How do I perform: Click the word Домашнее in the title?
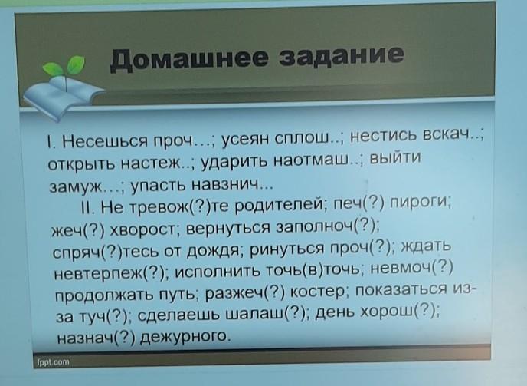pyautogui.click(x=189, y=60)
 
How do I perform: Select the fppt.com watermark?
pyautogui.click(x=53, y=362)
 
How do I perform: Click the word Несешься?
pyautogui.click(x=105, y=140)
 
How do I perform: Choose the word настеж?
pyautogui.click(x=151, y=163)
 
